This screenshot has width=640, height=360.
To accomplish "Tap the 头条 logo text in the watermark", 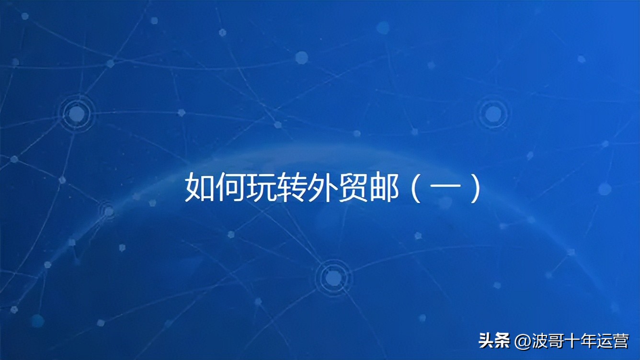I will (495, 341).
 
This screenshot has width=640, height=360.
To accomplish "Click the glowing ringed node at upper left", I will (76, 113).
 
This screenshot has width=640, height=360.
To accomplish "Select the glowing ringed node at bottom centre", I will (331, 277).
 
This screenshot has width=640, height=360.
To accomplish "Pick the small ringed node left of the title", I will (108, 211).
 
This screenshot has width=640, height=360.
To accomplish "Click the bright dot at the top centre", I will (301, 58).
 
